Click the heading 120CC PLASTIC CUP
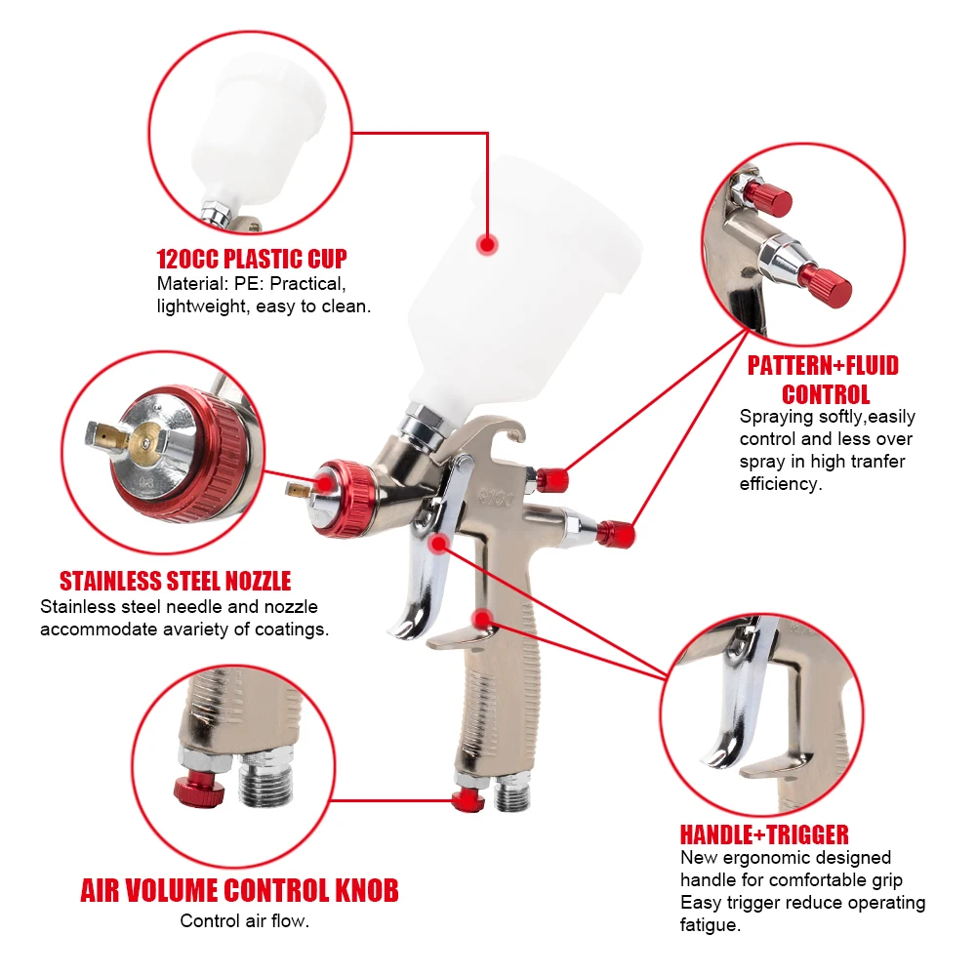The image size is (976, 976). pos(252,260)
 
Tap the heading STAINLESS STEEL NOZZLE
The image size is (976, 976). pos(176,582)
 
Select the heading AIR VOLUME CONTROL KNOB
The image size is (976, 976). pos(239,890)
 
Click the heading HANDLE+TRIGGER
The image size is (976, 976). pos(764,834)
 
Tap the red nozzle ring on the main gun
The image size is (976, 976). pos(342,497)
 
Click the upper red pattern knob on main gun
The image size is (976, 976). pos(552,479)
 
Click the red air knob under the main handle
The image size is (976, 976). pos(468,800)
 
